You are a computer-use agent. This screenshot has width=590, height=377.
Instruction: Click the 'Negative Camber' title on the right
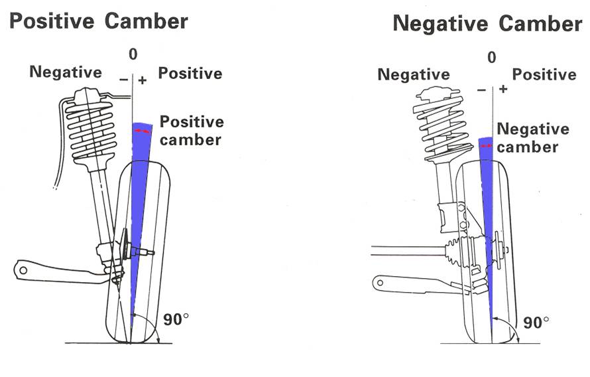487,24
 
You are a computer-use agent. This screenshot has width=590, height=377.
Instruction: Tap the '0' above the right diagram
491,58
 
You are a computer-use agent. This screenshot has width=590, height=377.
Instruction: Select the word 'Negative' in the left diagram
66,72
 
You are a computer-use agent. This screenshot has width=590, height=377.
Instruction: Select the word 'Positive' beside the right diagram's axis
544,75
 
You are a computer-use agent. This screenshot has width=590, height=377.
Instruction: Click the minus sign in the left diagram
123,80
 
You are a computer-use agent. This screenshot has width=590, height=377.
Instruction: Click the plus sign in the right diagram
504,88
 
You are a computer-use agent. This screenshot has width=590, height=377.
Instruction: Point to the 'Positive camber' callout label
192,131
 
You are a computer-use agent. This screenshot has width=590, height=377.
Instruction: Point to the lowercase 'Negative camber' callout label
533,137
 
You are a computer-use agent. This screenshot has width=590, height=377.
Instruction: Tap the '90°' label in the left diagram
176,319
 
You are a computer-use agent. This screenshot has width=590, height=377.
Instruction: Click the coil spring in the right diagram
443,126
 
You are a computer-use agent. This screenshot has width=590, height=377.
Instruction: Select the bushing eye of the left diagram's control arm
23,269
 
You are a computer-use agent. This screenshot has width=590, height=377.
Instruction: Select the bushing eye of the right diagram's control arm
380,282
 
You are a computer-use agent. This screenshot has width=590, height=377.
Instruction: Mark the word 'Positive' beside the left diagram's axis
190,73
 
